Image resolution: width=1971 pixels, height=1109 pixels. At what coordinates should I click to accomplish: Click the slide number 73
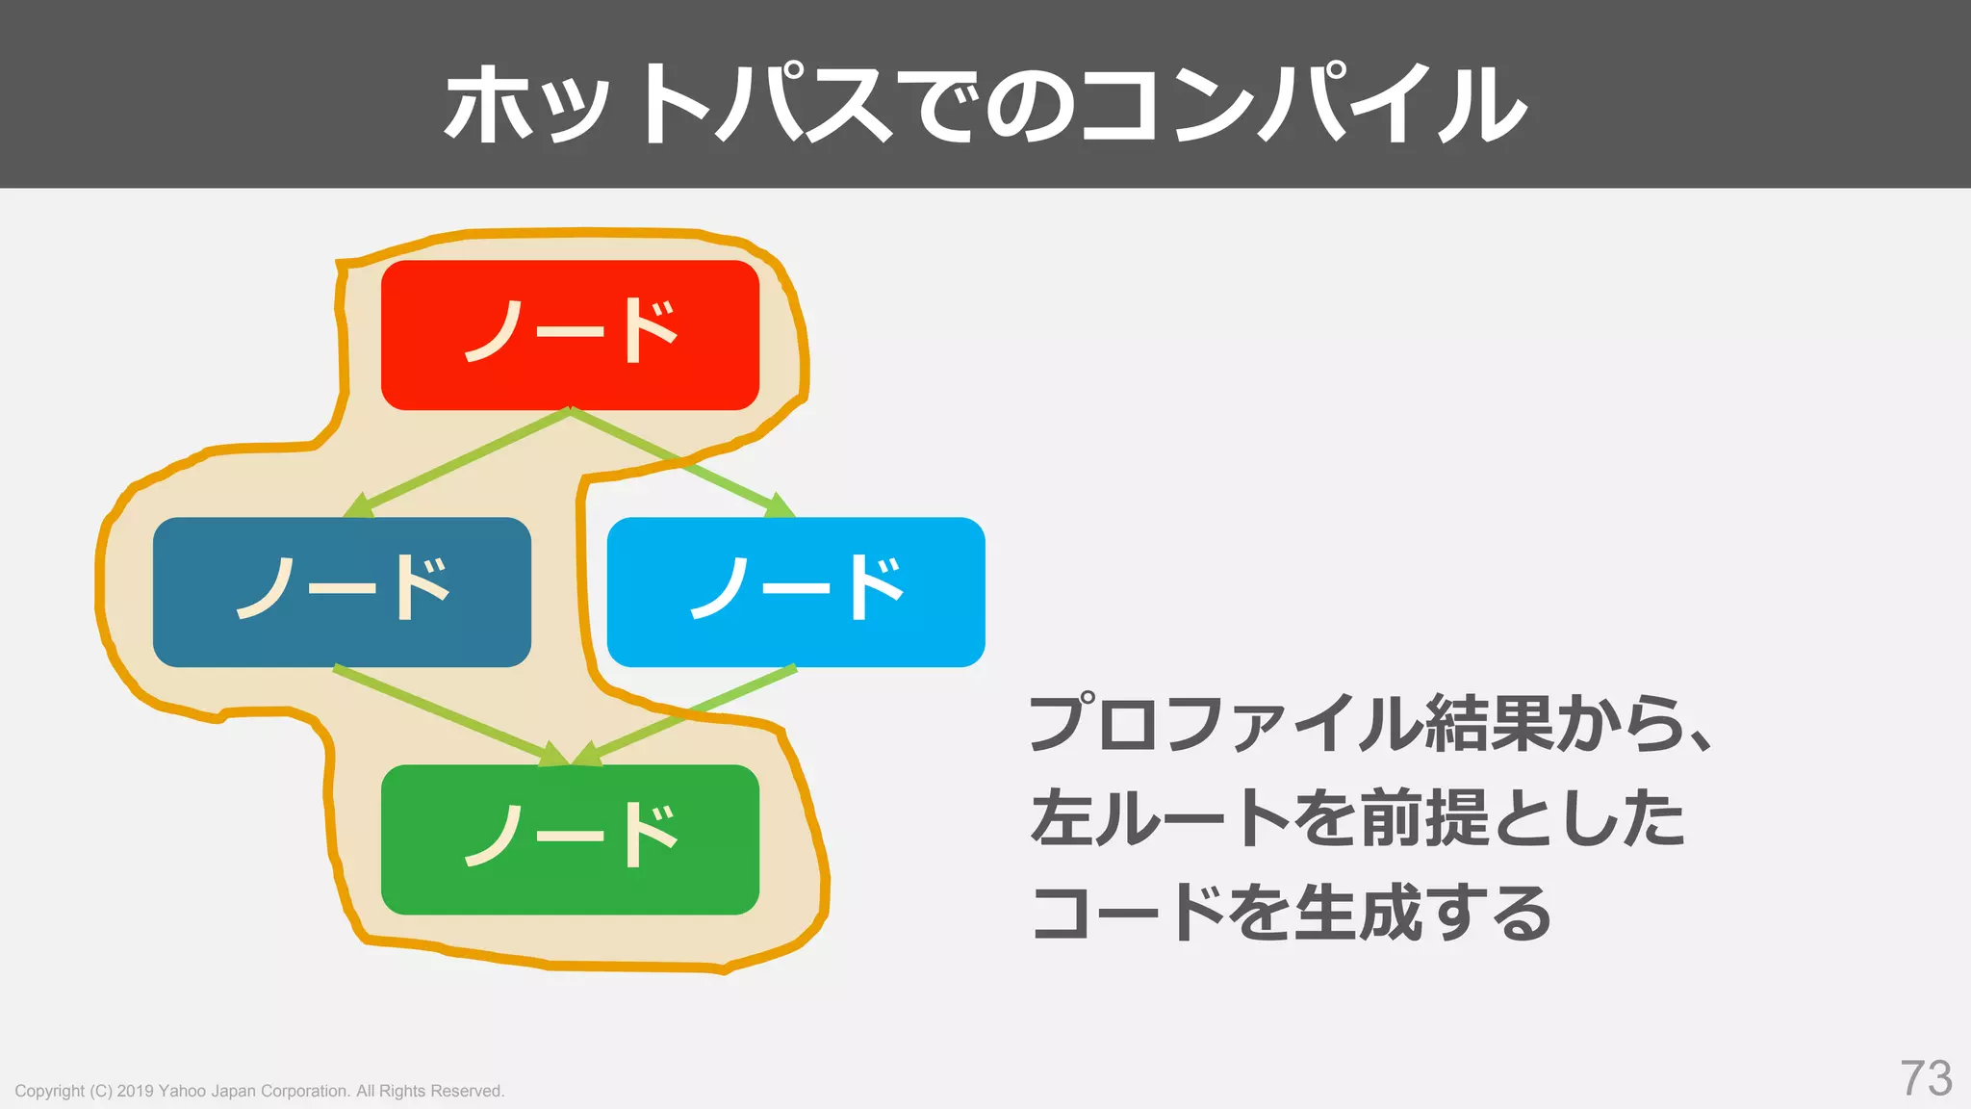pyautogui.click(x=1926, y=1078)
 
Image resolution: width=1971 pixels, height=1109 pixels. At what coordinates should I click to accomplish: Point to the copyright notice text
pyautogui.click(x=259, y=1091)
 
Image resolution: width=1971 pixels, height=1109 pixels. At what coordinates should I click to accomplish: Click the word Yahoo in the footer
pyautogui.click(x=181, y=1091)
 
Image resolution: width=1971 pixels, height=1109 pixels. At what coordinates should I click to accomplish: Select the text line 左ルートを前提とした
pyautogui.click(x=1357, y=817)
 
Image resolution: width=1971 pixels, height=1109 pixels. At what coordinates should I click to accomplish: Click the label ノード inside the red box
pyautogui.click(x=571, y=331)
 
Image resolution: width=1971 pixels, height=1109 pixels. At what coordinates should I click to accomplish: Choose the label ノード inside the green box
pyautogui.click(x=571, y=836)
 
